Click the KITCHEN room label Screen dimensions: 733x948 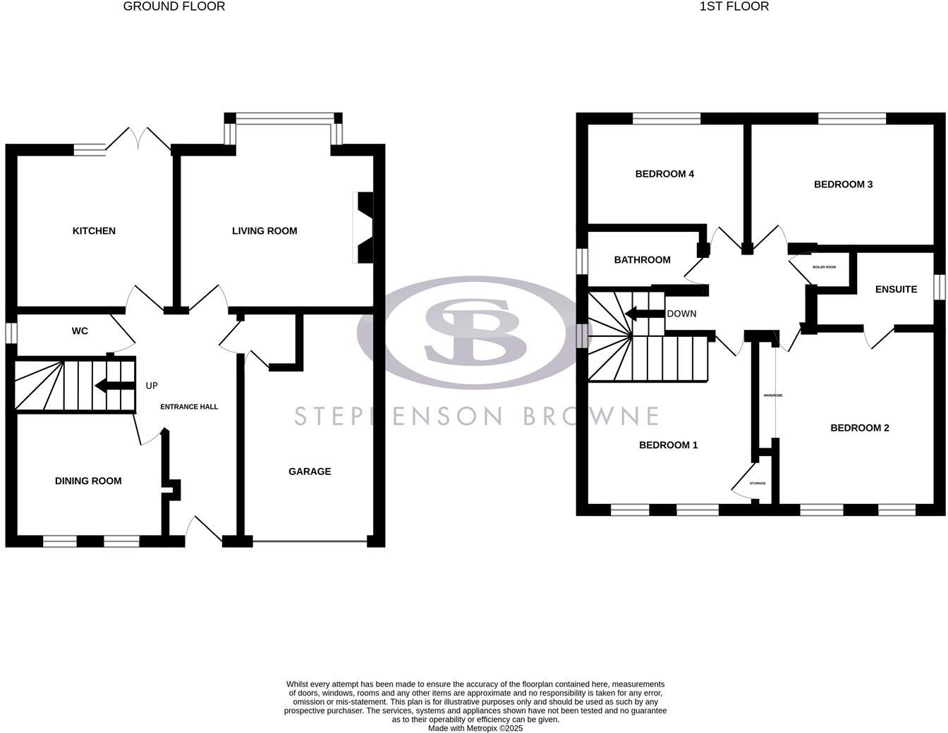[94, 231]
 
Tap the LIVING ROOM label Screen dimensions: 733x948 [265, 231]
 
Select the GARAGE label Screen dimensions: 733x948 [310, 472]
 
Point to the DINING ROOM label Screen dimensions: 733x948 [88, 481]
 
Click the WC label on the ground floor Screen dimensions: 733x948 [80, 331]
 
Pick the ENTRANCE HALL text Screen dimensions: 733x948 [189, 407]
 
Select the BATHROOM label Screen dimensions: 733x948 [642, 260]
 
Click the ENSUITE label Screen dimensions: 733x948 [896, 290]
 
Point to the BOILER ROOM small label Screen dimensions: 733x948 [824, 267]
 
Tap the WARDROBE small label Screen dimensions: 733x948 [773, 395]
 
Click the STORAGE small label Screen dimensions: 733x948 [758, 483]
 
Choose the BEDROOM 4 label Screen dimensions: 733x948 [664, 174]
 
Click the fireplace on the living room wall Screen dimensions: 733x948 [364, 228]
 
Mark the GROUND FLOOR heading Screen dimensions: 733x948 [174, 6]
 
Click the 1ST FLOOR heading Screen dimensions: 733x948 [734, 6]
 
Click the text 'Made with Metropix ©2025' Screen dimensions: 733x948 [475, 728]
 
